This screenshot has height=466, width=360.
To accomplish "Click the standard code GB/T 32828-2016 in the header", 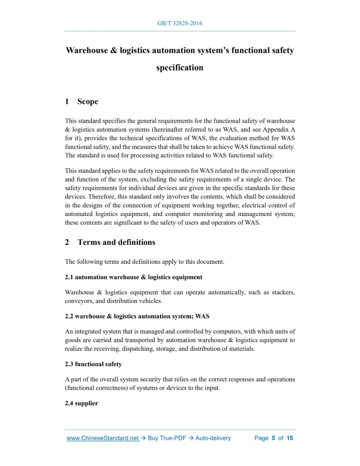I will pos(179,24).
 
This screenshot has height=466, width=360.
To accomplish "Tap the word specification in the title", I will pos(179,67).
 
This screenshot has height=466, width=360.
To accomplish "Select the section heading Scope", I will pos(87,101).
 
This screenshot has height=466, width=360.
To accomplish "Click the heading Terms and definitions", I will pos(116,242).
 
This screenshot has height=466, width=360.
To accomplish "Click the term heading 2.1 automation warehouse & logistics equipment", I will pos(134,277).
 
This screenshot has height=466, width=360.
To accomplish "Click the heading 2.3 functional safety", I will pos(93,364).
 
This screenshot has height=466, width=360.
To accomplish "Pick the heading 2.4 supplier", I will pos(81,403).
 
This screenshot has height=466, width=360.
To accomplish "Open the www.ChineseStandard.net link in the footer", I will pos(103,438).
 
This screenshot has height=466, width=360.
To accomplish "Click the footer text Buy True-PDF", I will pos(166,438).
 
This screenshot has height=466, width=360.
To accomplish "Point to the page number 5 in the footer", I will pos(274,438).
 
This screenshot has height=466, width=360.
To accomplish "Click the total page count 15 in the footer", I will pos(290,438).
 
